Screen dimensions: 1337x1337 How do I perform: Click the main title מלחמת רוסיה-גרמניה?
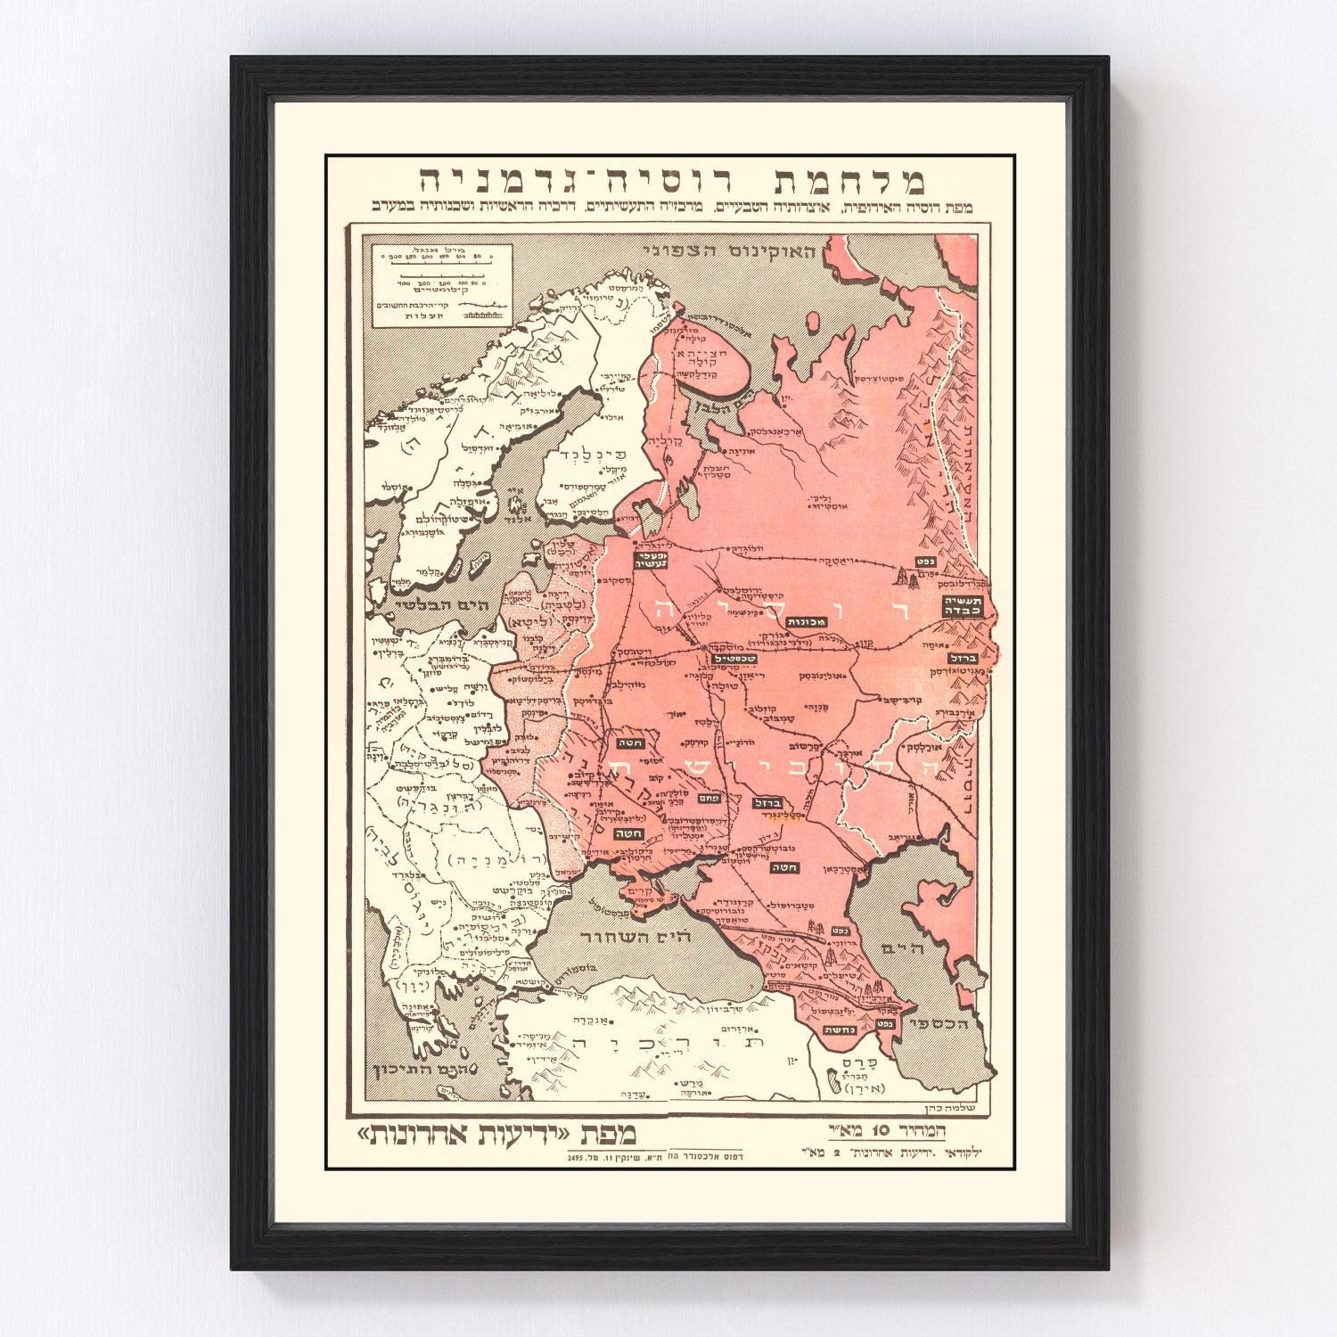669,181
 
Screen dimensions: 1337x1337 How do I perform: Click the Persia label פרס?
859,1062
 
